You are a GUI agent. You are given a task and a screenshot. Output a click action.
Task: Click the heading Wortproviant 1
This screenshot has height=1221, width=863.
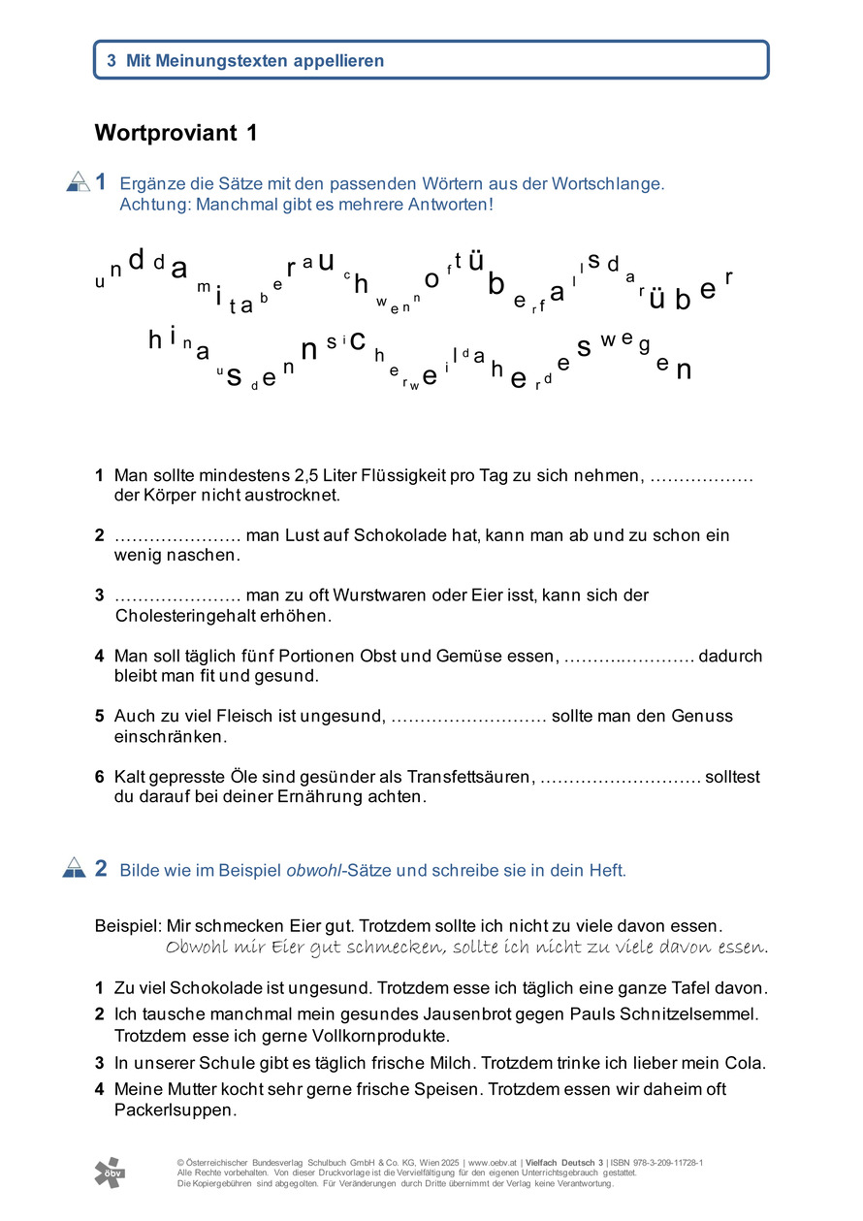click(x=176, y=134)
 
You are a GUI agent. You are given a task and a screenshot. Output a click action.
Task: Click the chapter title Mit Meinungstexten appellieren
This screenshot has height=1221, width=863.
click(x=255, y=60)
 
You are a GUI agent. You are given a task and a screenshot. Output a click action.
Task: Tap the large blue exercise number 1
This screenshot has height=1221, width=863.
click(x=102, y=181)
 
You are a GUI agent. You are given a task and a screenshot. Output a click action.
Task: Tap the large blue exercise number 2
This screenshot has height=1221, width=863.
click(x=102, y=868)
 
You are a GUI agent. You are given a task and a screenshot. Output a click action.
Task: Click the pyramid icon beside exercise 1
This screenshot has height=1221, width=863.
click(x=78, y=181)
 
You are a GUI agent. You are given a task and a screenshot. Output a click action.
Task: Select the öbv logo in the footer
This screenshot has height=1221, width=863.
click(x=110, y=1172)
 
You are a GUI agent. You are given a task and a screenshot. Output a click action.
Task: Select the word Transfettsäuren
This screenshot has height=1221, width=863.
click(x=471, y=776)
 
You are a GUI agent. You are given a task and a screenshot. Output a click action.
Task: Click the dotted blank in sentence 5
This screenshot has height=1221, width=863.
click(x=467, y=718)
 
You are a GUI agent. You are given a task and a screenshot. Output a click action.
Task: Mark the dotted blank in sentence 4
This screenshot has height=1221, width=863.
click(x=628, y=658)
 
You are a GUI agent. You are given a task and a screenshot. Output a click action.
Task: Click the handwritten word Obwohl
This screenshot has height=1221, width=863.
click(x=197, y=948)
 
